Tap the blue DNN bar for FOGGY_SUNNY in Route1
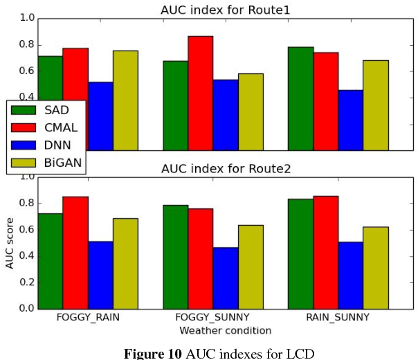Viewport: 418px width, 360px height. click(225, 115)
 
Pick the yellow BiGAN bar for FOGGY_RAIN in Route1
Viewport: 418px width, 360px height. click(125, 100)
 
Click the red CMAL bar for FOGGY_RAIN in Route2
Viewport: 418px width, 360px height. click(75, 252)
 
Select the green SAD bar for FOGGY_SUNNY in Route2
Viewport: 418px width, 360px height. click(175, 256)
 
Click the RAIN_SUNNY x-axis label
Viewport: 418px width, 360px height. click(338, 318)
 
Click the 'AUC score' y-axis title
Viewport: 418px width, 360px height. click(10, 242)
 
